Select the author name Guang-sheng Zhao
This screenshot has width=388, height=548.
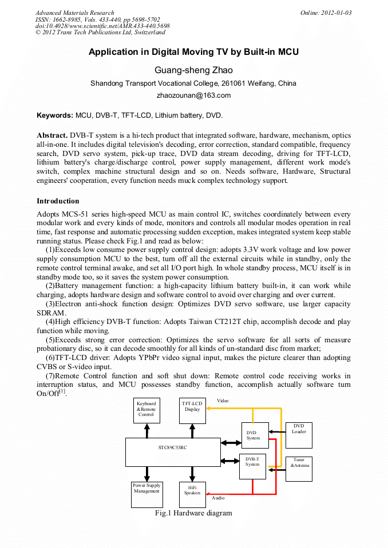pyautogui.click(x=193, y=71)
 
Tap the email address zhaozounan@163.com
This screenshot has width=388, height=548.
pyautogui.click(x=193, y=95)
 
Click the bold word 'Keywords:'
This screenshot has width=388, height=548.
pyautogui.click(x=55, y=115)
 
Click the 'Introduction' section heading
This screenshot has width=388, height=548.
pyautogui.click(x=58, y=201)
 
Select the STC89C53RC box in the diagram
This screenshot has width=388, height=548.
pyautogui.click(x=173, y=451)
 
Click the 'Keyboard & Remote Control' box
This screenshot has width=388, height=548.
pyautogui.click(x=147, y=410)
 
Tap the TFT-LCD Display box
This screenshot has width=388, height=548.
pyautogui.click(x=192, y=410)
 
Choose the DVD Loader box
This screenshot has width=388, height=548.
pyautogui.click(x=299, y=432)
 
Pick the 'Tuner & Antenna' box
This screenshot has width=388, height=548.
pyautogui.click(x=299, y=469)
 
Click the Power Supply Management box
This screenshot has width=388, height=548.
pyautogui.click(x=147, y=494)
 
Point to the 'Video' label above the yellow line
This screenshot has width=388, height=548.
pyautogui.click(x=223, y=401)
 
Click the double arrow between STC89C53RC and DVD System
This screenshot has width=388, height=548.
pyautogui.click(x=231, y=442)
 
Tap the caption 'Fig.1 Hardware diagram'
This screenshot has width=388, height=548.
pyautogui.click(x=193, y=513)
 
